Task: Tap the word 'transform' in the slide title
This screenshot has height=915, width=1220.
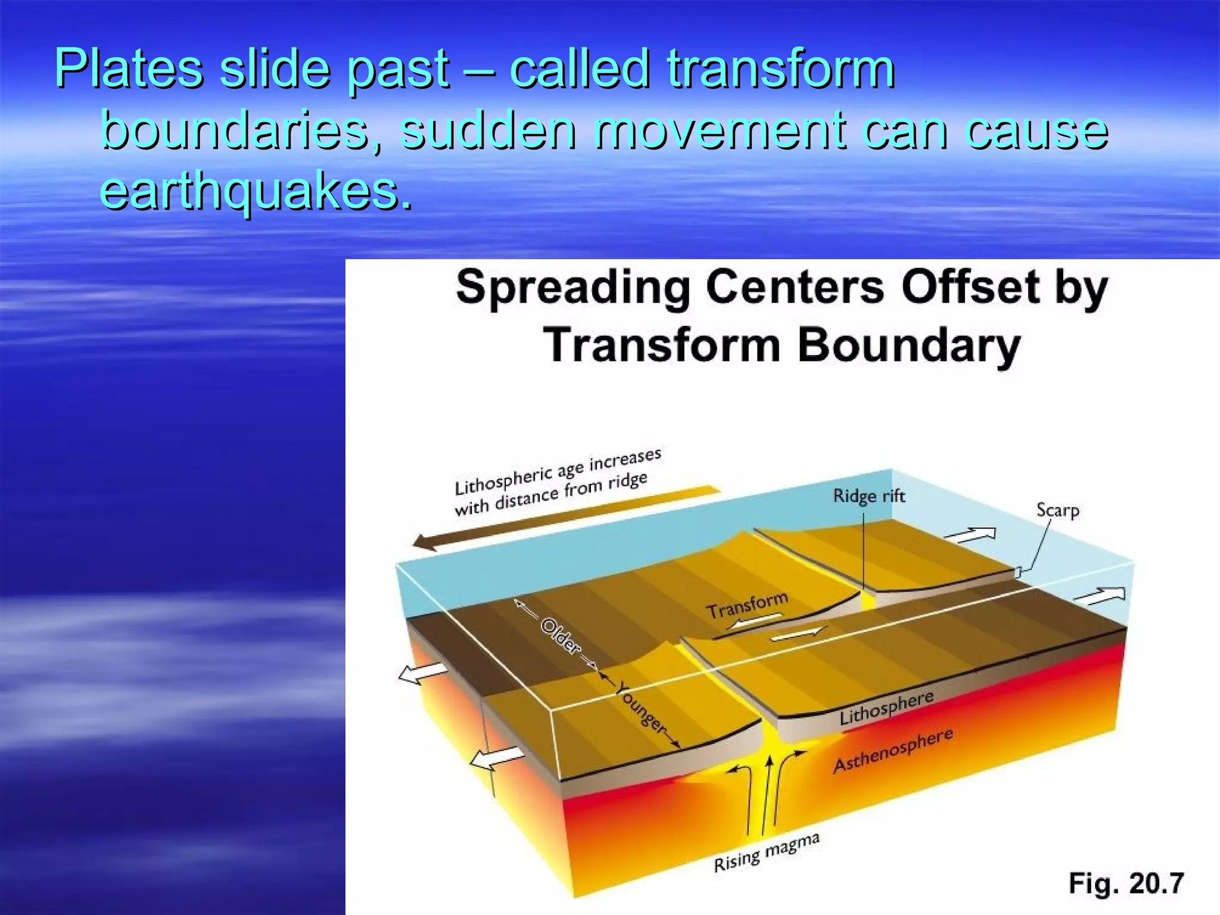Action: coord(780,69)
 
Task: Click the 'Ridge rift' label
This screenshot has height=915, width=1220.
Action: coord(869,496)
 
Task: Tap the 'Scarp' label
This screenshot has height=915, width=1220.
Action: coord(1057,511)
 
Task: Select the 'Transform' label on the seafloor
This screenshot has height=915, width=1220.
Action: coord(747,605)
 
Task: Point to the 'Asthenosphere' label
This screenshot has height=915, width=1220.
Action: coord(892,751)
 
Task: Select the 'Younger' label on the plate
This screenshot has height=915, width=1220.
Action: coord(640,708)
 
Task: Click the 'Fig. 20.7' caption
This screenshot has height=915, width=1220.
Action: coord(1126,883)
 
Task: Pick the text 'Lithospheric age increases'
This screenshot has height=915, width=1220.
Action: coord(558,472)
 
